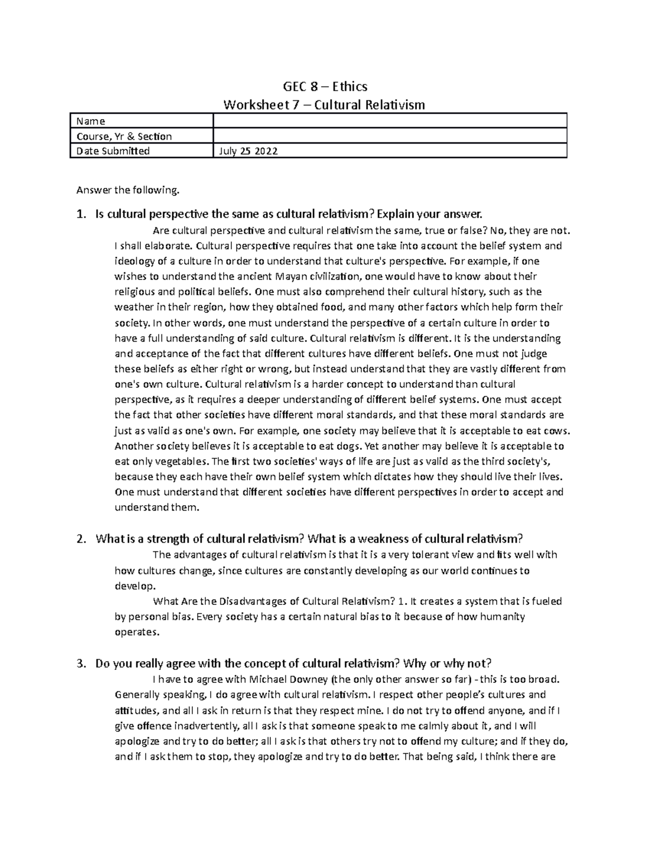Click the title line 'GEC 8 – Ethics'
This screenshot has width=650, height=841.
point(325,87)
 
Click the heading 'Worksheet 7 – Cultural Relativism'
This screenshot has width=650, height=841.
point(325,105)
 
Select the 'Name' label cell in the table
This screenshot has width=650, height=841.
point(90,121)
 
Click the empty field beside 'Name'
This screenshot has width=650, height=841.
point(390,121)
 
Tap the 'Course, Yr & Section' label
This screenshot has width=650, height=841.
point(124,136)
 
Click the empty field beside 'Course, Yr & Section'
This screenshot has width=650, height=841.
point(390,136)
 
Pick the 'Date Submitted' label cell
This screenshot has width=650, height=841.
point(113,151)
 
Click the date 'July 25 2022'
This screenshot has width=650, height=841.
point(248,151)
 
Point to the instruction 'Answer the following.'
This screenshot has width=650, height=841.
point(127,190)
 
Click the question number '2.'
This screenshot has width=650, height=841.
point(81,539)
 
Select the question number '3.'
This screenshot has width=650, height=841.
point(81,664)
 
